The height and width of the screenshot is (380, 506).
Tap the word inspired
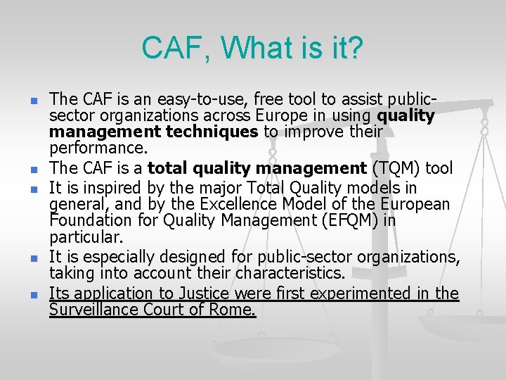[x=111, y=188]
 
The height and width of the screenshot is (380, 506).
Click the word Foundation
[x=87, y=221]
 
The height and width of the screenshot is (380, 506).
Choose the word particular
[x=86, y=237]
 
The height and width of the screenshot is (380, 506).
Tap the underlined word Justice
[x=199, y=293]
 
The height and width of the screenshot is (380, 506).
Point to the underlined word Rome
[x=234, y=310]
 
